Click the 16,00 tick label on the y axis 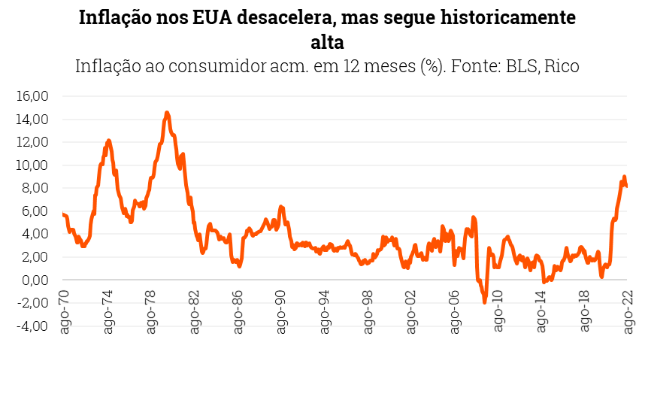coord(32,96)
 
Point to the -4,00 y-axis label coord(32,326)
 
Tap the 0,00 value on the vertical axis coord(35,280)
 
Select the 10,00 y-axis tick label coord(32,165)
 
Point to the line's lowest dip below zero coord(485,302)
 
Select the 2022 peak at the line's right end coord(624,177)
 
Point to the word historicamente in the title coord(511,18)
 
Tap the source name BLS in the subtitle coord(522,66)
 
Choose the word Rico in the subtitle coord(562,66)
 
